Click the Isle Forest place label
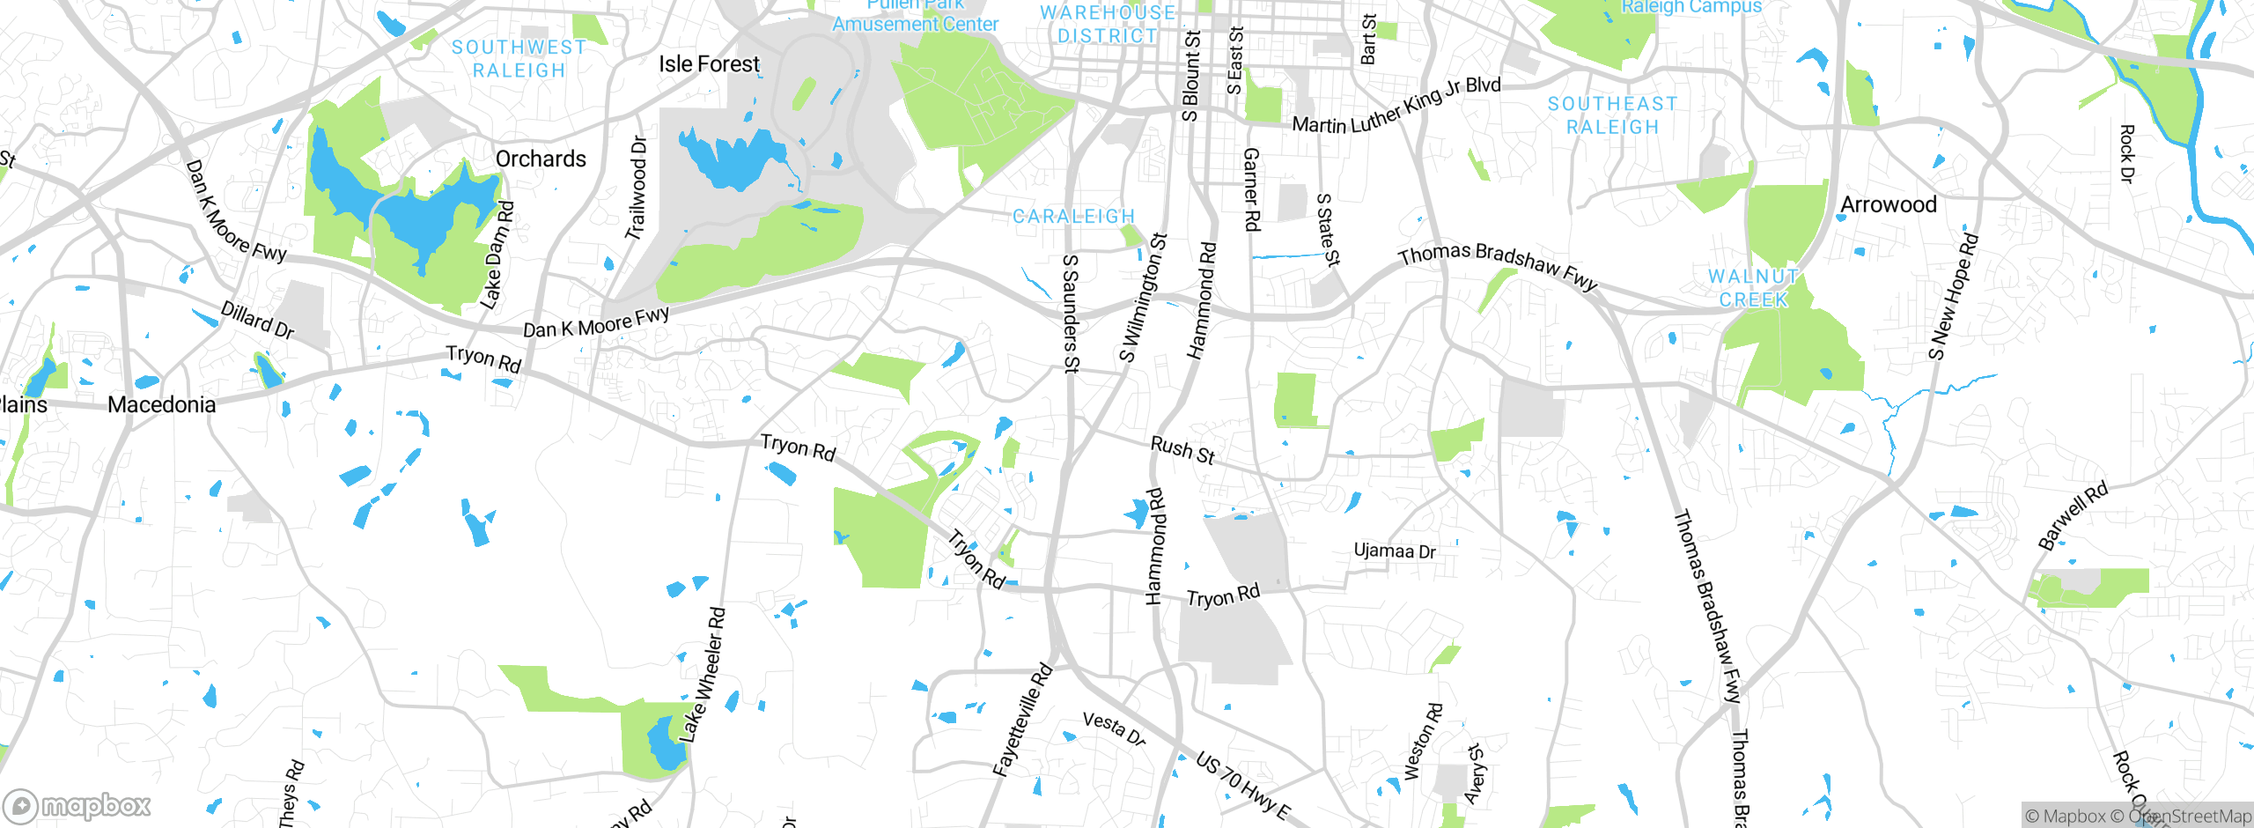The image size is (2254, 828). coord(709,64)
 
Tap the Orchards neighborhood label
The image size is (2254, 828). coord(541,159)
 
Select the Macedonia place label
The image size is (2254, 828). coord(161,405)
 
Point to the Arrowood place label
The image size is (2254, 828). coord(1889,205)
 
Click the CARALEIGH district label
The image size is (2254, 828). coord(1073,217)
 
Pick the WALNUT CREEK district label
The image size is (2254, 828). coord(1753,288)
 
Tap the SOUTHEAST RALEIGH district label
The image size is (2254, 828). coord(1612,115)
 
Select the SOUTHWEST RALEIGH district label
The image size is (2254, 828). coord(519,59)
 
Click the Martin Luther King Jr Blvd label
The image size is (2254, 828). coord(1396,107)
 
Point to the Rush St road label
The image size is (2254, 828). coord(1182,450)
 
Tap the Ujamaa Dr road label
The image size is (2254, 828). coord(1394,551)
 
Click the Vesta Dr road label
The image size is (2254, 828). coord(1114,728)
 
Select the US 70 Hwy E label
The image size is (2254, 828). coord(1242,786)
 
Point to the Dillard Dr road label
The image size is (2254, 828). coord(257,320)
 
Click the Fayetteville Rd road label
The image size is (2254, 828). coord(1022,720)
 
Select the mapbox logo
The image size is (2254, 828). coord(77,806)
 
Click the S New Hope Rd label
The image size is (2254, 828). coord(1952,297)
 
